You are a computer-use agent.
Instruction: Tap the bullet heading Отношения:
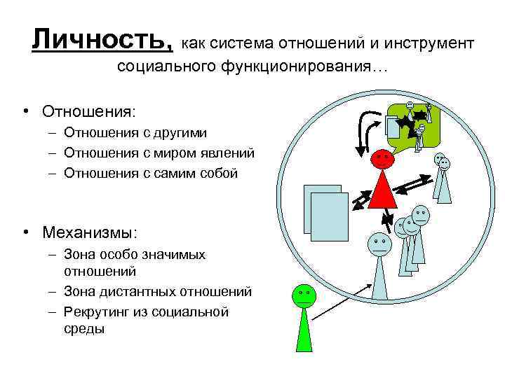coord(88,112)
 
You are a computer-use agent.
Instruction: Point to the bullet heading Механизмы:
coord(89,232)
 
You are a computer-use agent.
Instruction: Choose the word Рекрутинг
coord(96,311)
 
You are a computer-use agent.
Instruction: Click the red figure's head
coord(382,159)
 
